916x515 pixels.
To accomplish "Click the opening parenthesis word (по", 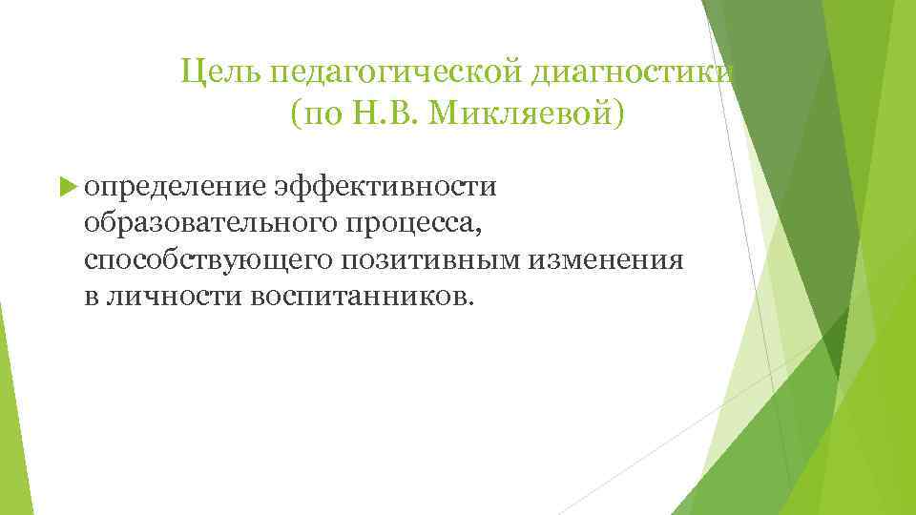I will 312,114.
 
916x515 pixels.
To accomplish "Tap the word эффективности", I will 385,185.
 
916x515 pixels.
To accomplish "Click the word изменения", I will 607,259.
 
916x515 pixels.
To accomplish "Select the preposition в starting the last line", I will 91,297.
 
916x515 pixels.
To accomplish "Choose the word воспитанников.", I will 361,297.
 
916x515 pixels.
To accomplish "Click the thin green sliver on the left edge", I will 5,362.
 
